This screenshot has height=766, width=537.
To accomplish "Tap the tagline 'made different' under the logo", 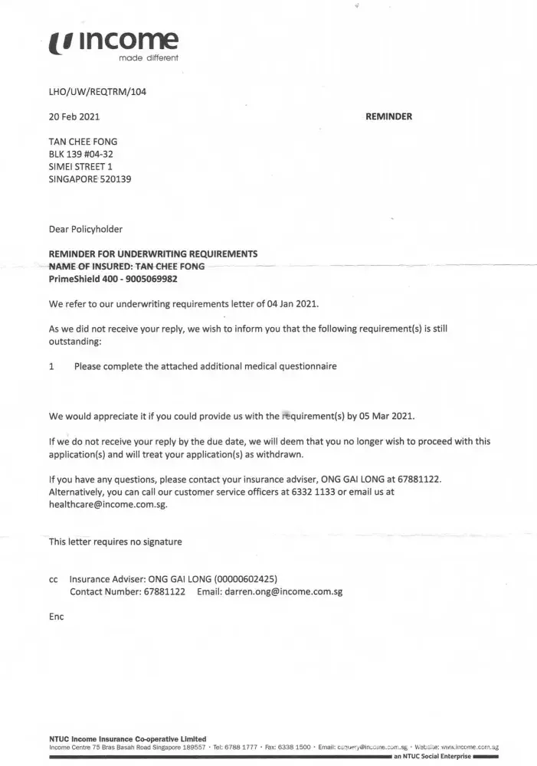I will click(149, 58).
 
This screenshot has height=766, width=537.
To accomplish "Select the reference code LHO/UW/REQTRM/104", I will click(97, 92).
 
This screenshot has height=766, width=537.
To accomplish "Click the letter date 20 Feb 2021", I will click(74, 117).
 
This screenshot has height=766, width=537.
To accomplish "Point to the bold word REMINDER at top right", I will click(390, 117).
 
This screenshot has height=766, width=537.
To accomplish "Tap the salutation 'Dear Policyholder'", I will click(86, 229).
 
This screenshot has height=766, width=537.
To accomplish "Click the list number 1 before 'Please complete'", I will click(51, 366).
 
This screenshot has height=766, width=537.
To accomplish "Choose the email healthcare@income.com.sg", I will click(108, 505).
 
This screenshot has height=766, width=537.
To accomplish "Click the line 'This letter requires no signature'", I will click(116, 542).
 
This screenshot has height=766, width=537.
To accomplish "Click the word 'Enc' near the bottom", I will click(57, 617).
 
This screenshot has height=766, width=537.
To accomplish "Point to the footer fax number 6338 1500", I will click(293, 746).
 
